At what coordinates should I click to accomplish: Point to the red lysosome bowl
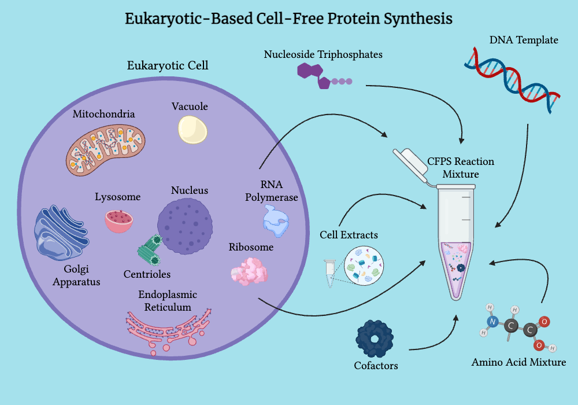(x=119, y=220)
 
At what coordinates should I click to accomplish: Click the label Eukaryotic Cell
(x=168, y=65)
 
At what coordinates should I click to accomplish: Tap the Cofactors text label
(x=376, y=366)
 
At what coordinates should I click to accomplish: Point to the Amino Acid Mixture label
(x=518, y=363)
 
